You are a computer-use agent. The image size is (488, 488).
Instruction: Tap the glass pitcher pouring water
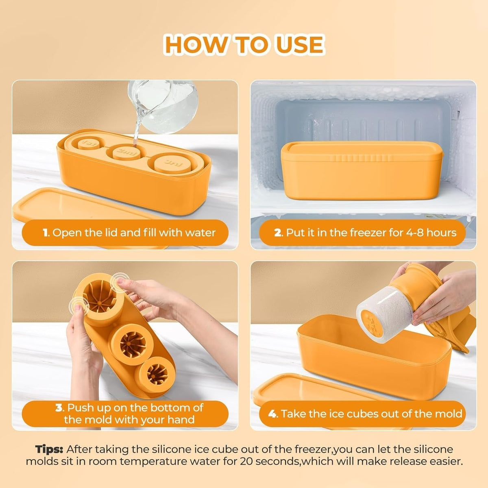[163, 107]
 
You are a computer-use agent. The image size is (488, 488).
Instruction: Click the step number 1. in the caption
[46, 233]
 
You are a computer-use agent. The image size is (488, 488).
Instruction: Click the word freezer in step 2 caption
[367, 233]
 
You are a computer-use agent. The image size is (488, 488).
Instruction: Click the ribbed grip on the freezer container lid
[362, 158]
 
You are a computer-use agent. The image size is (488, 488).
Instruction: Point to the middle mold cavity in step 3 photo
[133, 344]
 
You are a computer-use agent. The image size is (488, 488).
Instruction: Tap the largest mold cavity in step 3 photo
[100, 298]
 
